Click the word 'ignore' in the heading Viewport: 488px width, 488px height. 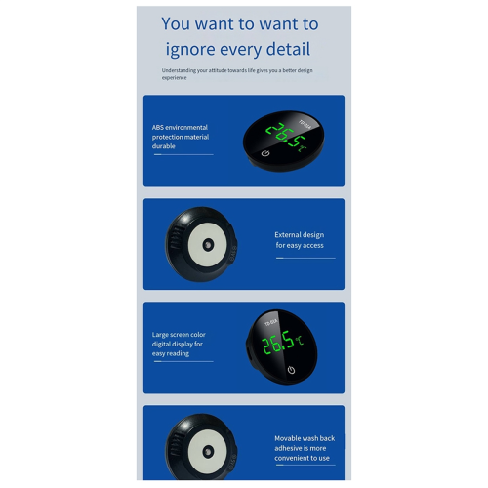tap(190, 50)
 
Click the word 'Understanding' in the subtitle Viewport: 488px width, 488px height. tap(179, 70)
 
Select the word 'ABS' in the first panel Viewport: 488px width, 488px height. tap(157, 127)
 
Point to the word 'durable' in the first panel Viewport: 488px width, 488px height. tap(164, 146)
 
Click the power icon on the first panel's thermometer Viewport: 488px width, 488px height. tap(265, 153)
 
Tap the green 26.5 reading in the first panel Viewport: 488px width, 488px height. tap(285, 135)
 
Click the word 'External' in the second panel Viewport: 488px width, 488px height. tap(288, 235)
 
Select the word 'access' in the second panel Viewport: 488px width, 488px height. tap(313, 245)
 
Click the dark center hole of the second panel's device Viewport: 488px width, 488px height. tap(208, 245)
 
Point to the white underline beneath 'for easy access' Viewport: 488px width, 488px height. tap(305, 258)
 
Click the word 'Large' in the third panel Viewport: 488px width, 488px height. tap(161, 335)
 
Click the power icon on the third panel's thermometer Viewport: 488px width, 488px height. tap(291, 370)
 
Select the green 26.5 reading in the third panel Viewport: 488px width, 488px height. tap(278, 343)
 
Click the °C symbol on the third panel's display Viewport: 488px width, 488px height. tap(300, 341)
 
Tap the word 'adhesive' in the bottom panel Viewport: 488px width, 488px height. tap(287, 448)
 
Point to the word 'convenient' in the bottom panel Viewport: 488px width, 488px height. tap(291, 458)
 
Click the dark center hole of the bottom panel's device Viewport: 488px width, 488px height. tap(207, 452)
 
